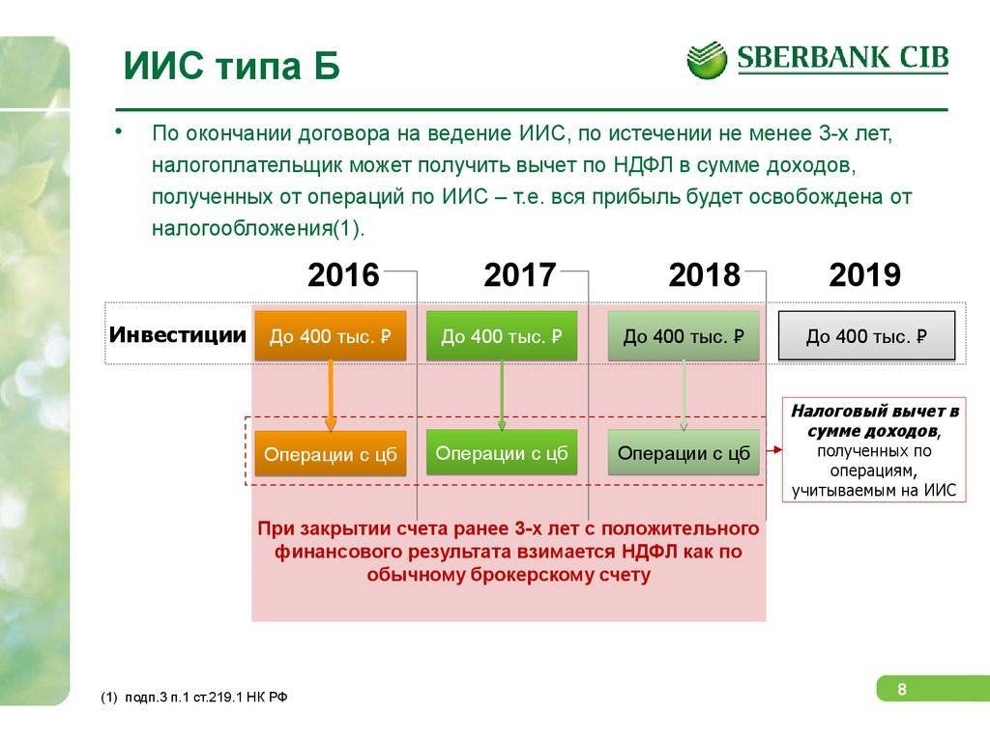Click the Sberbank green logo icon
pyautogui.click(x=707, y=60)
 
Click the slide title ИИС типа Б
pyautogui.click(x=232, y=66)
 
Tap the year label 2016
pyautogui.click(x=343, y=275)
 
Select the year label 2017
pyautogui.click(x=519, y=275)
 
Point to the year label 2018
pyautogui.click(x=705, y=275)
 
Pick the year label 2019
pyautogui.click(x=865, y=275)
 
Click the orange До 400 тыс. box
pyautogui.click(x=331, y=335)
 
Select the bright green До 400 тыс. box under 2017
pyautogui.click(x=502, y=335)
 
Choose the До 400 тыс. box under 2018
pyautogui.click(x=684, y=335)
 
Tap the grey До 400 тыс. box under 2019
pyautogui.click(x=867, y=335)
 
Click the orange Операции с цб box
pyautogui.click(x=331, y=454)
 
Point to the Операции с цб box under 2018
pyautogui.click(x=684, y=452)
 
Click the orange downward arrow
pyautogui.click(x=331, y=396)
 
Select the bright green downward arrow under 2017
pyautogui.click(x=502, y=396)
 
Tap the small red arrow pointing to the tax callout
pyautogui.click(x=774, y=450)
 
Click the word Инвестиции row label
pyautogui.click(x=178, y=334)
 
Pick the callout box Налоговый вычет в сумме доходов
pyautogui.click(x=874, y=450)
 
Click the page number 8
pyautogui.click(x=902, y=689)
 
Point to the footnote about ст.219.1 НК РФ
pyautogui.click(x=193, y=698)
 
